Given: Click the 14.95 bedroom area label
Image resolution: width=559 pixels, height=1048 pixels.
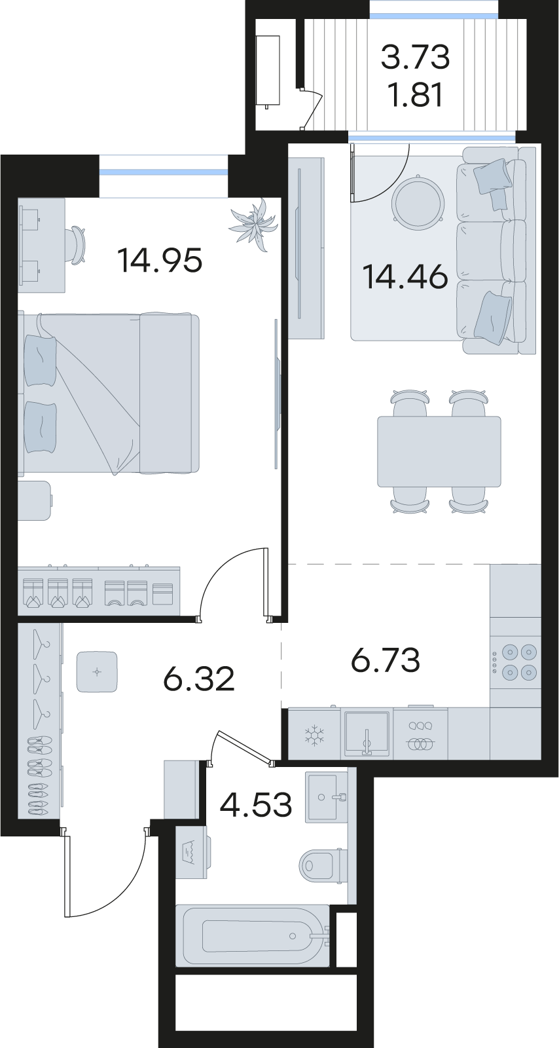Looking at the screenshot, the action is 160,261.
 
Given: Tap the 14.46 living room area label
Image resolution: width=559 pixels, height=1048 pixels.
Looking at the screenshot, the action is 405,277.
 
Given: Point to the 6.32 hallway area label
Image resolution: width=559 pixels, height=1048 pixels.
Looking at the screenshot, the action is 198,680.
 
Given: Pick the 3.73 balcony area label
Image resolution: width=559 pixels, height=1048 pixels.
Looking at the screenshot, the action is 416,58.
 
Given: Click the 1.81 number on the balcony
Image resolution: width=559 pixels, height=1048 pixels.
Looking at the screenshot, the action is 416,95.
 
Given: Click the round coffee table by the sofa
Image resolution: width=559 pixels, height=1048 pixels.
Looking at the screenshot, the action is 418,202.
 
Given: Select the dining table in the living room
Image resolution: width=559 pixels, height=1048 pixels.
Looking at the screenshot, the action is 439,451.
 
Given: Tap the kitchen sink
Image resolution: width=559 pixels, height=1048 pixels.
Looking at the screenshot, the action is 367,733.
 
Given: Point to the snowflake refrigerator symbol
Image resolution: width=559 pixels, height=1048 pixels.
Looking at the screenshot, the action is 314,734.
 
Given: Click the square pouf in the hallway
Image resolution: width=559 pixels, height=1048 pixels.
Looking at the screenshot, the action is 97,672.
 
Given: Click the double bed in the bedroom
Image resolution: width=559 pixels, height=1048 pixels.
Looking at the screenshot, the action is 109,394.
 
